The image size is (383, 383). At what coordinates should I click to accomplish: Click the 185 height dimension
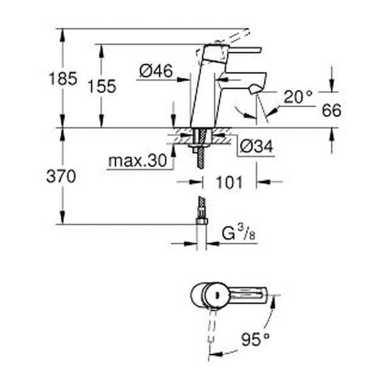pyautogui.click(x=63, y=79)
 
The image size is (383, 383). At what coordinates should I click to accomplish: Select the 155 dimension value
pyautogui.click(x=102, y=86)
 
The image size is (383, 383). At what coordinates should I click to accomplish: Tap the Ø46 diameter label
pyautogui.click(x=156, y=71)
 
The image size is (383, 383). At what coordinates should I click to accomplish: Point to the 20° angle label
pyautogui.click(x=298, y=97)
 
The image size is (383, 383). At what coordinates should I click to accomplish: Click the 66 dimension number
pyautogui.click(x=331, y=110)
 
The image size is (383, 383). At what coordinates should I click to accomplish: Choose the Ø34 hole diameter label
pyautogui.click(x=256, y=147)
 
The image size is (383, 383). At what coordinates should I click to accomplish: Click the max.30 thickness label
pyautogui.click(x=137, y=161)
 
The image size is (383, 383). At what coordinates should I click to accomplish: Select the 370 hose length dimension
pyautogui.click(x=61, y=176)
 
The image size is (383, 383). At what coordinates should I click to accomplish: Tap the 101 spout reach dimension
pyautogui.click(x=229, y=182)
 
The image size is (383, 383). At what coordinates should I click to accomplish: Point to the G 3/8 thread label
pyautogui.click(x=239, y=233)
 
